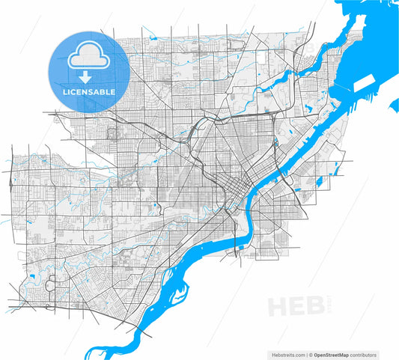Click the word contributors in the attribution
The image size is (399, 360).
point(367,355)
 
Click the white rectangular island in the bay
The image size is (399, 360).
point(366,81)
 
